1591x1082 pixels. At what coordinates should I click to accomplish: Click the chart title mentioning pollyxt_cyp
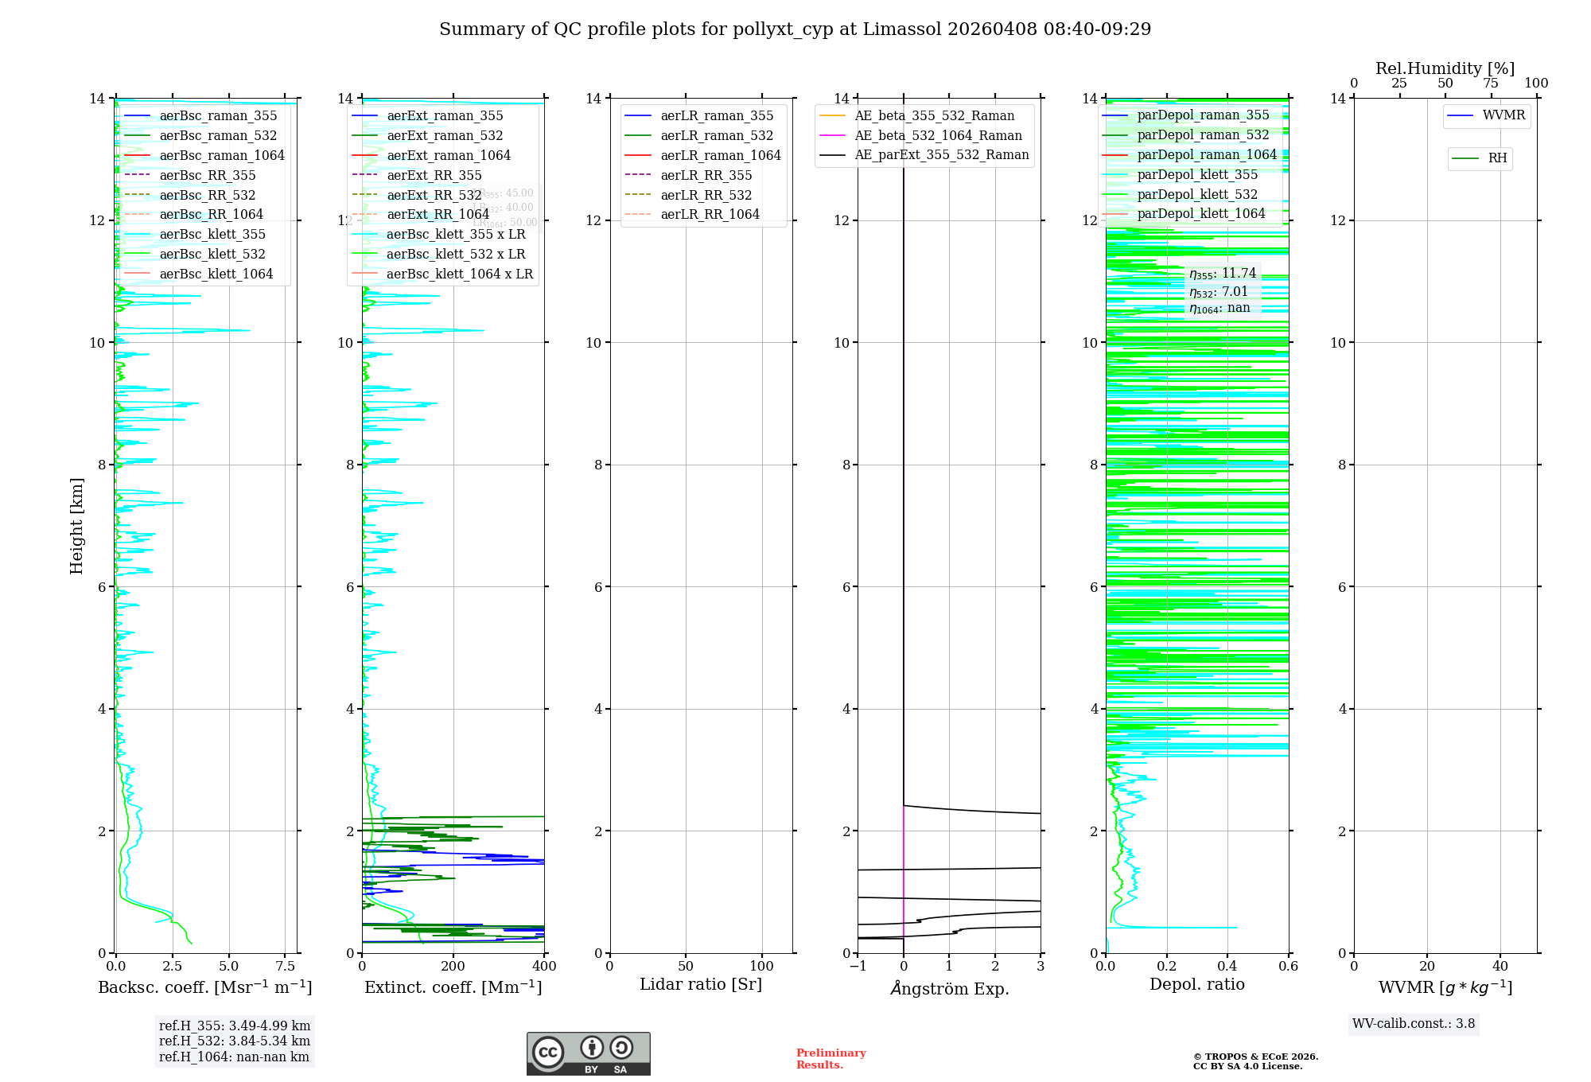tap(795, 29)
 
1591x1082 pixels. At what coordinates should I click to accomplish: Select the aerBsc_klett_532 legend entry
tap(212, 255)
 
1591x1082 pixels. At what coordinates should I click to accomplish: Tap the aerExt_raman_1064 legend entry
tap(449, 156)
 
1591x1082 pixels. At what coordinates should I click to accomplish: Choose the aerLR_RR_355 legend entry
tap(706, 176)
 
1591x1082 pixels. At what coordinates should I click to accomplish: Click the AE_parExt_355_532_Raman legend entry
tap(941, 155)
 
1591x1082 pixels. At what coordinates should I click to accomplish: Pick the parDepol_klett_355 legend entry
tap(1197, 175)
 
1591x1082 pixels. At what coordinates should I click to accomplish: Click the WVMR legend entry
tap(1503, 115)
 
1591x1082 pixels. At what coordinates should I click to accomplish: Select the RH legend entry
tap(1497, 158)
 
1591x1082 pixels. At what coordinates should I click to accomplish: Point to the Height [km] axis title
tap(76, 526)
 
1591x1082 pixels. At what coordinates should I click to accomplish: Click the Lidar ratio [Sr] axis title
tap(701, 985)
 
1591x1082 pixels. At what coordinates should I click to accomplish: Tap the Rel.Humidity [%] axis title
tap(1445, 68)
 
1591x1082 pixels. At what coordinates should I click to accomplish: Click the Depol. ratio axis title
tap(1196, 985)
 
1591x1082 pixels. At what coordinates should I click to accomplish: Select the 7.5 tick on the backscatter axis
tap(286, 967)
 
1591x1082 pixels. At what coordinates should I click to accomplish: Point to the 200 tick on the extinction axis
tap(453, 967)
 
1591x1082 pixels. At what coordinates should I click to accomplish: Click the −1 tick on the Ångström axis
tap(858, 967)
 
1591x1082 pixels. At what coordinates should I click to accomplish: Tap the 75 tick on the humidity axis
tap(1491, 84)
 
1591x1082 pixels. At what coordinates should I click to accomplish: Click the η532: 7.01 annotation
tap(1219, 292)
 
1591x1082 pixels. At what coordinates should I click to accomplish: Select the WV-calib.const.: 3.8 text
tap(1414, 1024)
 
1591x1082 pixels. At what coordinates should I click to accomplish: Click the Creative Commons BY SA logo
tap(588, 1053)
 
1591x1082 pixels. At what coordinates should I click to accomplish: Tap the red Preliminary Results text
tap(831, 1059)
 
